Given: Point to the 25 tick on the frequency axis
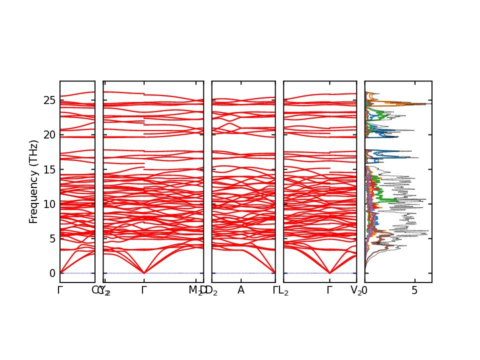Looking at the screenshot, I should click(49, 100).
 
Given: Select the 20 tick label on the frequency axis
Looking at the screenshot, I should click(49, 135).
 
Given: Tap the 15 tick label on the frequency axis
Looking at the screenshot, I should click(49, 169).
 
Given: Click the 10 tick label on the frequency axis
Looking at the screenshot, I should click(49, 204).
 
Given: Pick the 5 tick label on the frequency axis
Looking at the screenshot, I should click(52, 238).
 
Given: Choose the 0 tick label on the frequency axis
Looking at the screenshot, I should click(52, 273).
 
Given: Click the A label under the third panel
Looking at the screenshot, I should click(240, 290).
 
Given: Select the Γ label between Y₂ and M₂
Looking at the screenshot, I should click(144, 290).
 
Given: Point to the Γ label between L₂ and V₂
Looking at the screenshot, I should click(329, 290).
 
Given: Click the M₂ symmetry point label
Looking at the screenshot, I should click(195, 290).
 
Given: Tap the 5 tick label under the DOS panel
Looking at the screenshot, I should click(414, 290).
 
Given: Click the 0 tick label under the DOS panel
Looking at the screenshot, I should click(365, 290).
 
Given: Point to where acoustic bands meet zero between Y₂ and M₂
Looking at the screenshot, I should click(144, 272).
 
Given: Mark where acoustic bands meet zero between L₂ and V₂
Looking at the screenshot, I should click(329, 272).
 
